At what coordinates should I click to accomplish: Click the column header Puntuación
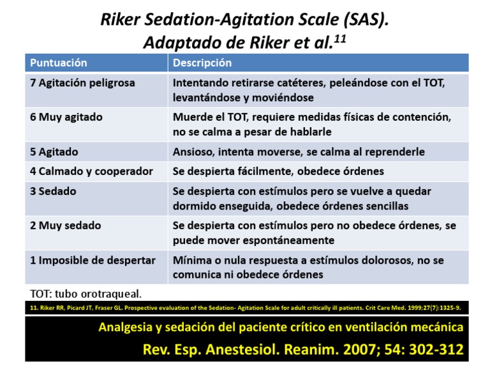click(59, 63)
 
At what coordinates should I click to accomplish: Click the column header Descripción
click(202, 63)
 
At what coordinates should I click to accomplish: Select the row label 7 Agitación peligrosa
click(82, 83)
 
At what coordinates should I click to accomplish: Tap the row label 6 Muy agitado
click(66, 118)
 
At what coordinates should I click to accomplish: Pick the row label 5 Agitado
click(54, 152)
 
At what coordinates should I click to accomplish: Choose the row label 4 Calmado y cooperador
click(91, 171)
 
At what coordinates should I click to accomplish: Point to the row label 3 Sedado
click(53, 191)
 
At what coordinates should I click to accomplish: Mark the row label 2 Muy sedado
click(65, 226)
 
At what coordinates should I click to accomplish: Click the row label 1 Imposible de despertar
click(93, 261)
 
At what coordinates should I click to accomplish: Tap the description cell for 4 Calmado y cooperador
click(278, 171)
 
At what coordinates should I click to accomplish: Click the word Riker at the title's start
click(122, 20)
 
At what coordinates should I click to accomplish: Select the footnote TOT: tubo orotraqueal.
click(85, 293)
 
